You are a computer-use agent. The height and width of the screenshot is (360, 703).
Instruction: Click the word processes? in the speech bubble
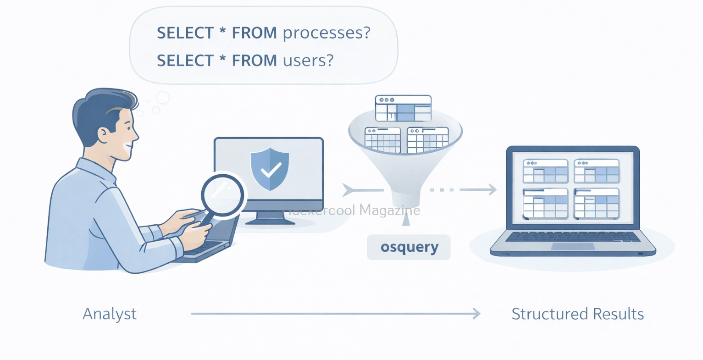tap(326, 33)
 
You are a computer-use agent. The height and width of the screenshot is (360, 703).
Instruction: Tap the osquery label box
tap(409, 247)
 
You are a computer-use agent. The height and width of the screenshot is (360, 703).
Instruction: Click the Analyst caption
tap(110, 314)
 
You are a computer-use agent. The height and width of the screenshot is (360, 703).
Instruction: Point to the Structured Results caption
tap(577, 314)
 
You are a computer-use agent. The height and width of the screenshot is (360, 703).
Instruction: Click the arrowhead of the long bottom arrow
tap(477, 314)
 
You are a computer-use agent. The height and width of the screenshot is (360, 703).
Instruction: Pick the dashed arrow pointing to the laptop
tap(463, 189)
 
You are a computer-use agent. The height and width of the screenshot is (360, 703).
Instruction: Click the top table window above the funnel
tap(403, 108)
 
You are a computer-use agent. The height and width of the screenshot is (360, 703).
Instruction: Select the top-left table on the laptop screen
tap(545, 171)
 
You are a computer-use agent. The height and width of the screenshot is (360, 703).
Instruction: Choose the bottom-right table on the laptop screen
tap(597, 203)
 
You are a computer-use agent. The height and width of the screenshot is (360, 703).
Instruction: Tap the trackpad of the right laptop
tap(573, 246)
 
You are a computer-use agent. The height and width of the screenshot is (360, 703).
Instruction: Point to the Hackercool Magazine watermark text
tap(352, 210)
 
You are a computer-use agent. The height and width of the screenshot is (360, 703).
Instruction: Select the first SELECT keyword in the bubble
tap(185, 33)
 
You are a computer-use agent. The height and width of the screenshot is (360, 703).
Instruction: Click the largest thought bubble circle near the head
tap(163, 98)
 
